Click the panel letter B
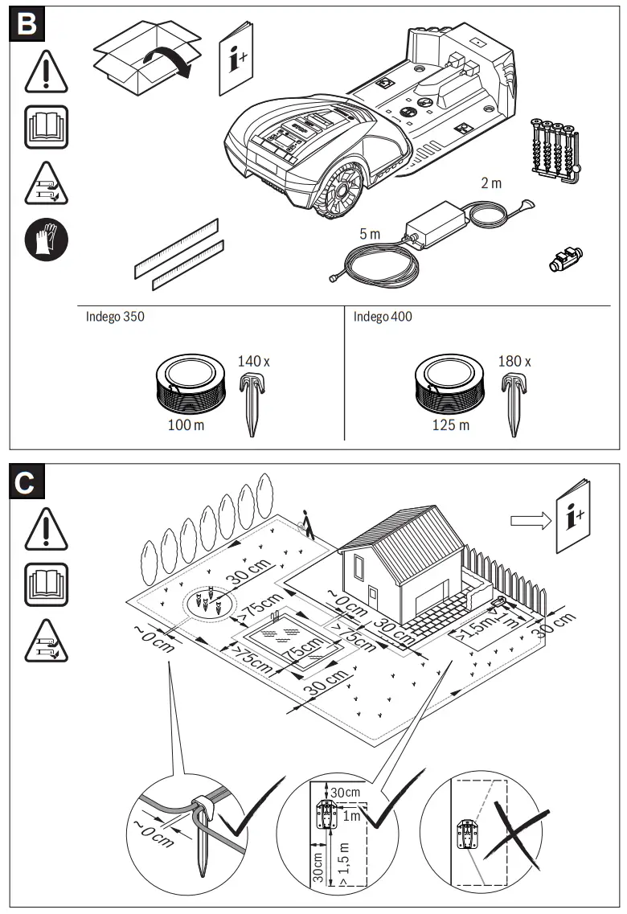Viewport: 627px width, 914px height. pos(26,23)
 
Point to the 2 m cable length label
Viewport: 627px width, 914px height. pos(490,183)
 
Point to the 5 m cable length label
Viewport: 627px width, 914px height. pos(370,234)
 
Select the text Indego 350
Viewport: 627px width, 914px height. pos(115,317)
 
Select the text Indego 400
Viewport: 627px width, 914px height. pos(383,317)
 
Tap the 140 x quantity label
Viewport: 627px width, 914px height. pos(253,362)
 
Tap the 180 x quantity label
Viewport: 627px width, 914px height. pos(514,362)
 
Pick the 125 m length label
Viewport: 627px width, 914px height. pos(452,424)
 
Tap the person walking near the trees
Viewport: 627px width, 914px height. pos(306,523)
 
